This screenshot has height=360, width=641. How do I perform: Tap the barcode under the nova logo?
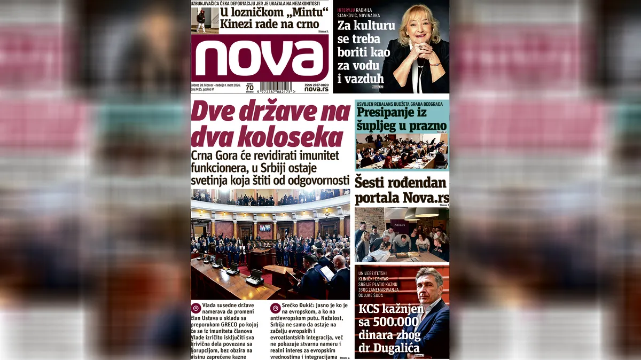276,87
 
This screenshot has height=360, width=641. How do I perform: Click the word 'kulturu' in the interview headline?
373,26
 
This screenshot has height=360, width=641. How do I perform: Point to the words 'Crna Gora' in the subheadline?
214,155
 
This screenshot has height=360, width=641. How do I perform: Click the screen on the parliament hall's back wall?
265,228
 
